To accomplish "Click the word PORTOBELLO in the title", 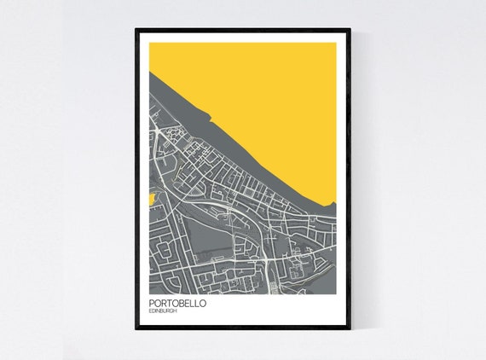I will (177, 303).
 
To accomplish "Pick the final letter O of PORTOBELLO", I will (202, 303).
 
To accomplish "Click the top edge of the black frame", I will (243, 31).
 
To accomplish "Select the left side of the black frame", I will (137, 179).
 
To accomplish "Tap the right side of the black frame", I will (349, 179).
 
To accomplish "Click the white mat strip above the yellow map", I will (243, 38).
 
